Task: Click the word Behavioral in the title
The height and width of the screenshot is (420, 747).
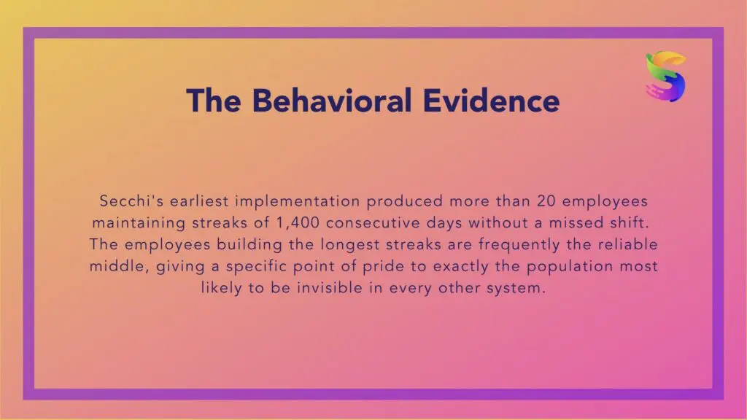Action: [332, 101]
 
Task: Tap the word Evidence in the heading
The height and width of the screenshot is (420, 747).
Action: [491, 101]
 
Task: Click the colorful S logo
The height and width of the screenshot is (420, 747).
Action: [665, 76]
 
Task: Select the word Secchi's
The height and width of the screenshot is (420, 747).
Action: [131, 201]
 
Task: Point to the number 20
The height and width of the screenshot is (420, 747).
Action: [546, 201]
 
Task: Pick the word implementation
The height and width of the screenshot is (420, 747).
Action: [298, 201]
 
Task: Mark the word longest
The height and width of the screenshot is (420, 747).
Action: [350, 245]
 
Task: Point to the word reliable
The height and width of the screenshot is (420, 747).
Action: [627, 244]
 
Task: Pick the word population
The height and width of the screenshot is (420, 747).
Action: [569, 266]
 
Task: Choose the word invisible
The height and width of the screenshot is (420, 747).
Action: [330, 287]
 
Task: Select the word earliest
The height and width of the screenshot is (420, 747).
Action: [199, 201]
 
